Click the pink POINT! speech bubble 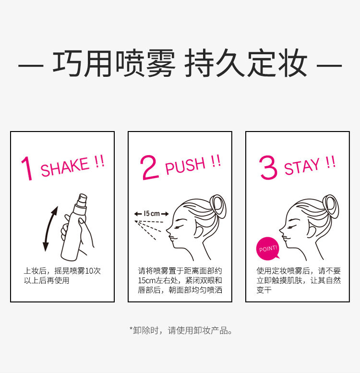point(268,249)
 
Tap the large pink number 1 point(27,168)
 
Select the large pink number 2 point(149,167)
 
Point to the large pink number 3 point(268,167)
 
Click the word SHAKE point(65,167)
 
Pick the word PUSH point(185,166)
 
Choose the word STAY point(302,166)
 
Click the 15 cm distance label point(152,214)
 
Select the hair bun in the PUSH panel point(218,206)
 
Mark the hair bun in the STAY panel point(331,206)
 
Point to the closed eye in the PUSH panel point(179,228)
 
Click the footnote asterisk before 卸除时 point(131,328)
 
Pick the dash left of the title point(31,65)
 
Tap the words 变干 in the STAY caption point(264,290)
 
